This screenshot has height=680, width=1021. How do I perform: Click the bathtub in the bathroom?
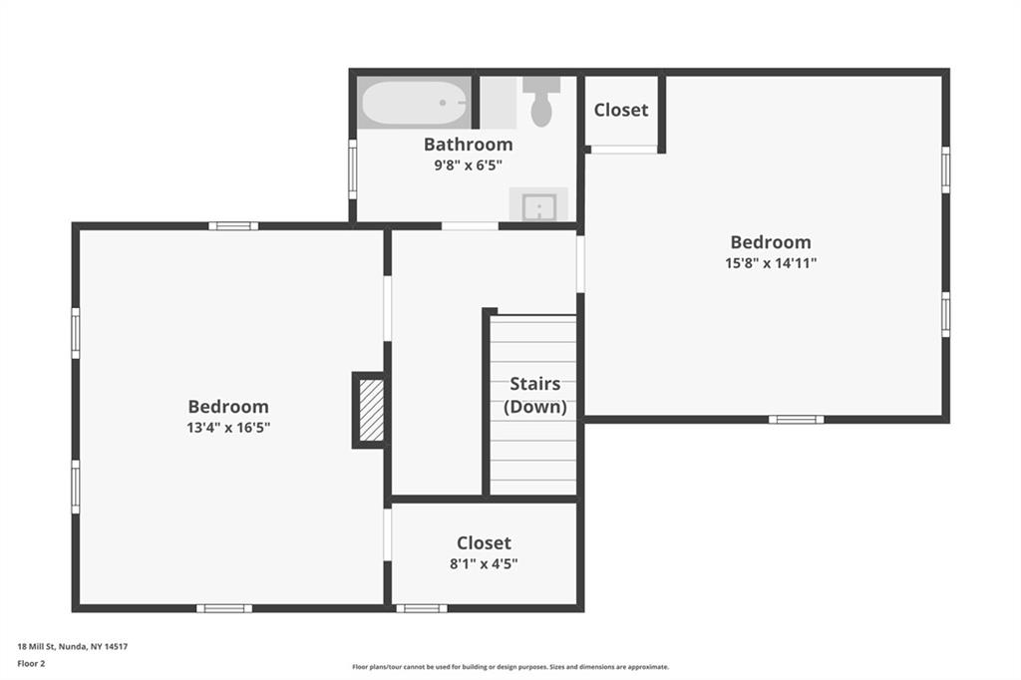point(414,103)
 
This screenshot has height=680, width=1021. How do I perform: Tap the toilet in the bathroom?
point(541,101)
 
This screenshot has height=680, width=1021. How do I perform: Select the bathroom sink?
point(538,205)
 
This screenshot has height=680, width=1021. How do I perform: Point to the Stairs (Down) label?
point(535,396)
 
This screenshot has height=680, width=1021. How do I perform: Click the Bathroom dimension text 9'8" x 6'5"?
point(469,166)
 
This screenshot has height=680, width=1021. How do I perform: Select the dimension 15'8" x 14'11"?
point(771,263)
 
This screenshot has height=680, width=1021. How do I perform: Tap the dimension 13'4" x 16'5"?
point(228,428)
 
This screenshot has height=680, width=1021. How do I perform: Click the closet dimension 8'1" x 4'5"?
point(484,563)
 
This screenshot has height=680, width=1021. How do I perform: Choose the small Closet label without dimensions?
point(621,110)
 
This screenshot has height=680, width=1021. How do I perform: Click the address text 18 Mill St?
point(37,647)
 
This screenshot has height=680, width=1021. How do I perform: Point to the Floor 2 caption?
point(31,664)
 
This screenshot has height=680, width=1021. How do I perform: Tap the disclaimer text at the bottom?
point(510,667)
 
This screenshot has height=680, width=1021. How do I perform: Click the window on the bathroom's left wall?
point(353,169)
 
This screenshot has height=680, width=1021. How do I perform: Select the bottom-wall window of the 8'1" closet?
point(422,608)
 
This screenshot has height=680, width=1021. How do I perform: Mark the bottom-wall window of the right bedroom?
point(797,420)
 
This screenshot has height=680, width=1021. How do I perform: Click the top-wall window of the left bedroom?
point(233,226)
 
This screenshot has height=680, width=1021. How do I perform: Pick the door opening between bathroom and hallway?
point(471,226)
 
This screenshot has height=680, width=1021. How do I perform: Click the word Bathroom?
point(469,144)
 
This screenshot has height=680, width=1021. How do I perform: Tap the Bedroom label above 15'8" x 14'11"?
point(771,242)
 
